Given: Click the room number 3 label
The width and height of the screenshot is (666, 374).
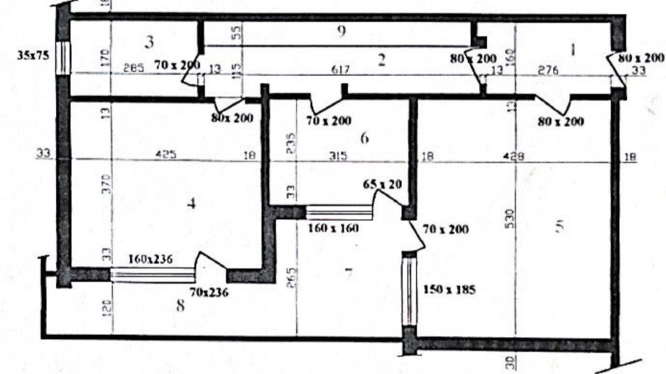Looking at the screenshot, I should coord(149,41).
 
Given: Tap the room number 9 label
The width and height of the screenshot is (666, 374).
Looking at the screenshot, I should coord(342,31).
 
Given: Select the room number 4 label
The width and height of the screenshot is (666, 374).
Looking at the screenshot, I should coord(190,204).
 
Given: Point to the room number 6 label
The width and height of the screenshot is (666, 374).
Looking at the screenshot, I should coord(365,139).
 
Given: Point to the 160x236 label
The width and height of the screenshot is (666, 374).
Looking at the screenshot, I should coord(152,260).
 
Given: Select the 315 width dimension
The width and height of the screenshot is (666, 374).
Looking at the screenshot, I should coord(337,156).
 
